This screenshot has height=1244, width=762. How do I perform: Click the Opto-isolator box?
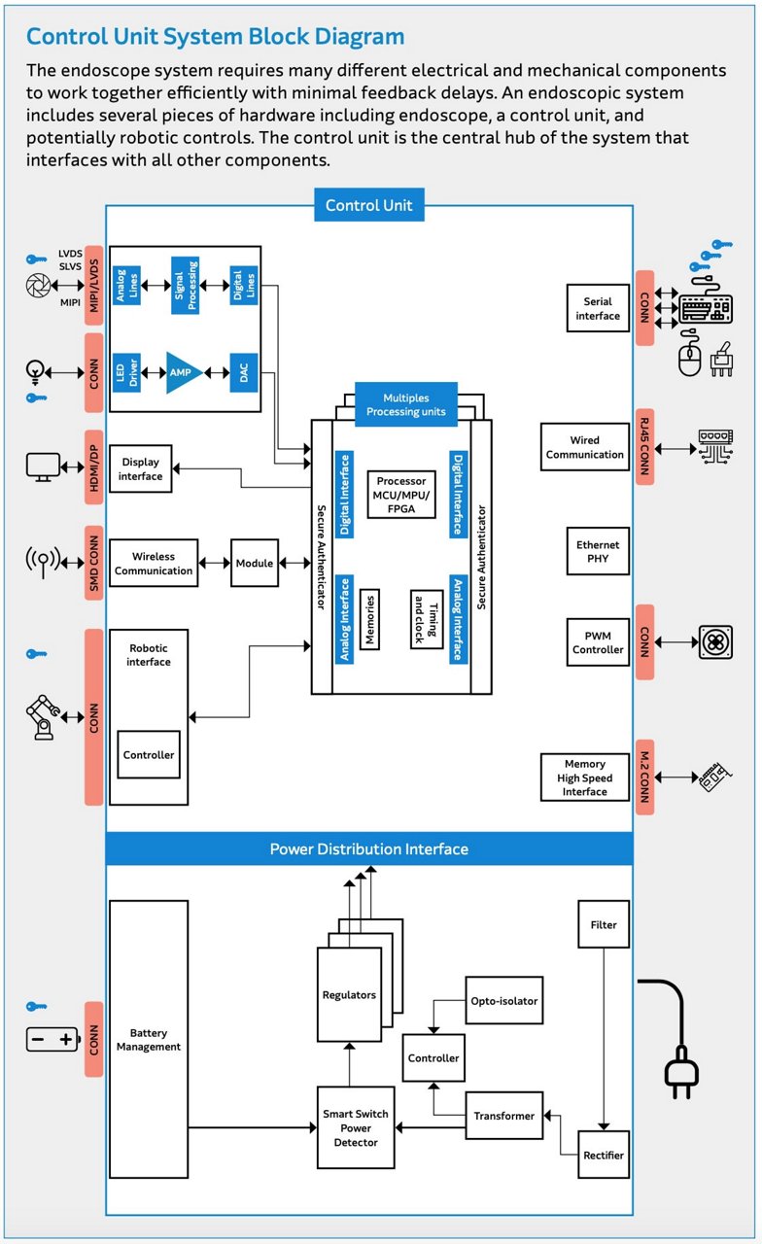[x=503, y=1001]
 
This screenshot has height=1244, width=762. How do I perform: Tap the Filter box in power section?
[x=604, y=924]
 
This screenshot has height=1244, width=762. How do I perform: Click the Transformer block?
[x=504, y=1117]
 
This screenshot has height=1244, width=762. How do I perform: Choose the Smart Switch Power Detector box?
[x=356, y=1128]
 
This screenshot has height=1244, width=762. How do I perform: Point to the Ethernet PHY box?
[x=598, y=552]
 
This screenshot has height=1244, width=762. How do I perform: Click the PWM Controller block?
[x=598, y=642]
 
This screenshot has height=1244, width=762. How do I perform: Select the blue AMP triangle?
[x=182, y=373]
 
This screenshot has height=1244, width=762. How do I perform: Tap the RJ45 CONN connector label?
[x=644, y=447]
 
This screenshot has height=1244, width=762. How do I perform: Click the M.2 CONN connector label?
[x=644, y=777]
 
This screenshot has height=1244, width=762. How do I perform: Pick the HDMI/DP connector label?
[x=94, y=466]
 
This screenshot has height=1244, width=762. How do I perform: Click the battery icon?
[x=52, y=1039]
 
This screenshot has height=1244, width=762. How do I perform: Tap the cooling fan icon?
[x=714, y=642]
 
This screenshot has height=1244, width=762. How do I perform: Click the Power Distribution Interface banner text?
[x=368, y=849]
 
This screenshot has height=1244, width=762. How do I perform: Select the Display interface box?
[x=141, y=470]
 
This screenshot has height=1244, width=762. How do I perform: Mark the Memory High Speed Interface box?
[x=584, y=777]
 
